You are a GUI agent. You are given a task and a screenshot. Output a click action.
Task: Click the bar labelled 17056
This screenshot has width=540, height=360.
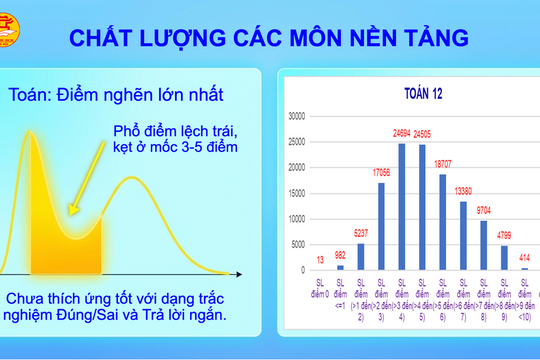381,226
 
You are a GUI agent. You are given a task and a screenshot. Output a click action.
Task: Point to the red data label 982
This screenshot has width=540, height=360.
340,255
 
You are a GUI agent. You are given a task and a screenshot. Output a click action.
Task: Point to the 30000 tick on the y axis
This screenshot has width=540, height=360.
296,116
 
